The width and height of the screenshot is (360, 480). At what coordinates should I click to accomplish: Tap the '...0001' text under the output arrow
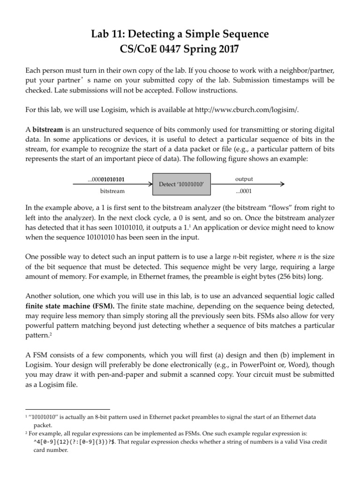pos(243,191)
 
